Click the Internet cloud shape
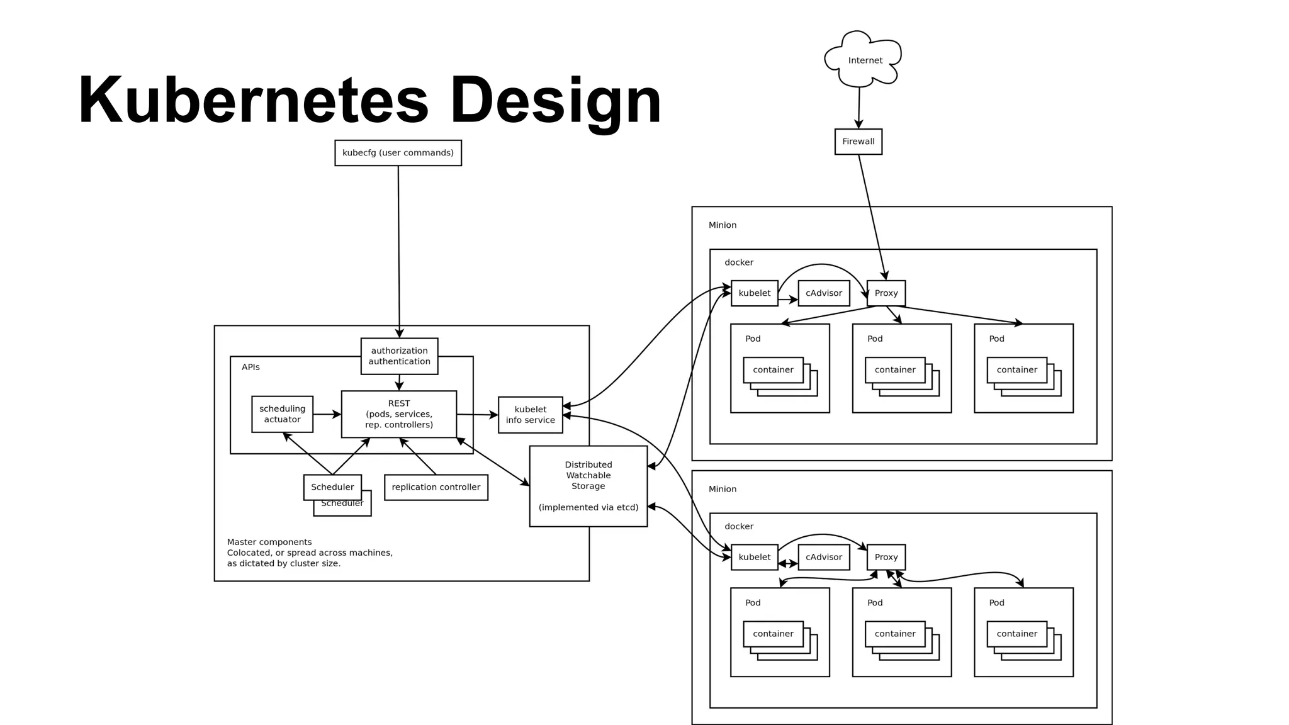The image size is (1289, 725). [864, 60]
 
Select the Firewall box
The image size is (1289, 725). [858, 142]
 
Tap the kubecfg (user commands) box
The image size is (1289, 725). [398, 153]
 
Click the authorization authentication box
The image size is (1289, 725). [399, 356]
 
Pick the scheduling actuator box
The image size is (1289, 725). [282, 414]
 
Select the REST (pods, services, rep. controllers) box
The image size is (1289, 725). [398, 414]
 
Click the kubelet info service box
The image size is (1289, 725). [530, 415]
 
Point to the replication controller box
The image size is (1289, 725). [436, 487]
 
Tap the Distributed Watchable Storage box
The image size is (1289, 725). [588, 486]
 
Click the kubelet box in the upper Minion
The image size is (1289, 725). [754, 293]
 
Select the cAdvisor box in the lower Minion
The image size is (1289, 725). [823, 557]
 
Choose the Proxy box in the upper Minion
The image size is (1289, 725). [886, 293]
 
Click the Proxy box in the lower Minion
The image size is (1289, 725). [886, 557]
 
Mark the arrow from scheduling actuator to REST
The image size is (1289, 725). [327, 414]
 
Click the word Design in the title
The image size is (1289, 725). [555, 101]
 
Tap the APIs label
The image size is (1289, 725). [250, 367]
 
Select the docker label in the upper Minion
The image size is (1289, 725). [738, 262]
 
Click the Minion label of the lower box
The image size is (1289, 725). [722, 489]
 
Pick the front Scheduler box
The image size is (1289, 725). [332, 487]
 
